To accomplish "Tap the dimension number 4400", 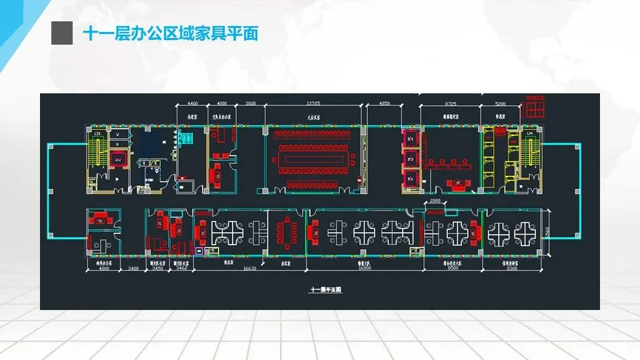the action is (193, 103).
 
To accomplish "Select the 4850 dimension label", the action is (385, 103).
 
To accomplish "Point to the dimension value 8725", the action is (451, 103).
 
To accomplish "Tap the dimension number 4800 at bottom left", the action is (103, 269).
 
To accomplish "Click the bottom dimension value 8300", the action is (511, 269).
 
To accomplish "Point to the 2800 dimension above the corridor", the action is (434, 201).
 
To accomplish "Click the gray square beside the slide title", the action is (62, 33).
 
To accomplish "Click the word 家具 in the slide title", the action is (212, 33).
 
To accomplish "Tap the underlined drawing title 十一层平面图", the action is (325, 291).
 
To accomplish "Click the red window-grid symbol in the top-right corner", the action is (535, 106).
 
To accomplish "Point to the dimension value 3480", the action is (133, 269).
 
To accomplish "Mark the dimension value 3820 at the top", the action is (251, 103).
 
